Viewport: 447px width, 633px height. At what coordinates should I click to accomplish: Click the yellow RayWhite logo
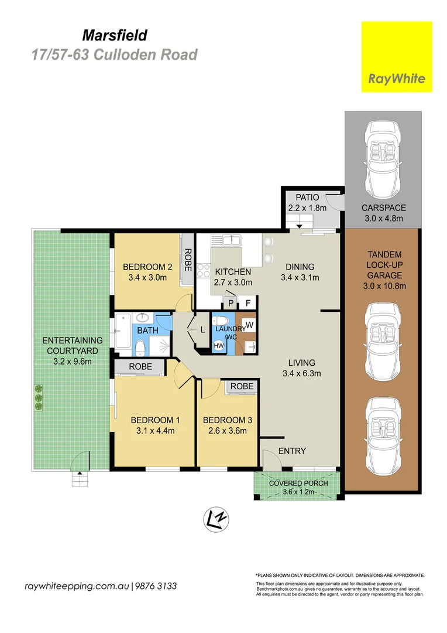pos(397,57)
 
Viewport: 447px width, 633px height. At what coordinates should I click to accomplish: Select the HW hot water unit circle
pos(219,346)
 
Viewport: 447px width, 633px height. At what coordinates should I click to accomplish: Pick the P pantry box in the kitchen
pos(231,303)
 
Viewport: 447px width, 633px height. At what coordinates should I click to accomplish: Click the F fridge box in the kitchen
pos(248,303)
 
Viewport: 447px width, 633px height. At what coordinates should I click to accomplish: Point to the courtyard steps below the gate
pos(79,481)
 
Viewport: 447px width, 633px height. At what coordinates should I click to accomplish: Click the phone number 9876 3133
pos(156,586)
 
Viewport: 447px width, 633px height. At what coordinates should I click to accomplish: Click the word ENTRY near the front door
pos(292,451)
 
